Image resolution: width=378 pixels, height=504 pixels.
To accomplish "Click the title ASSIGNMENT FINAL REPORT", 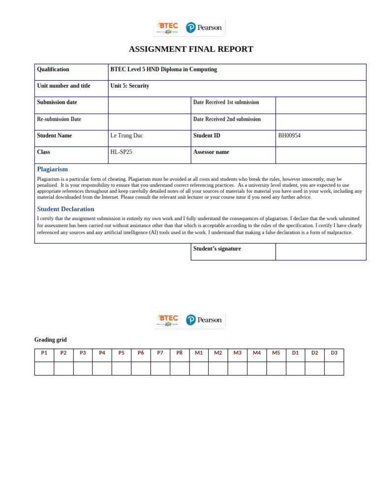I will point(191,49).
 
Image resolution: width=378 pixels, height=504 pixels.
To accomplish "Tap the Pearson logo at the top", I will point(204,28).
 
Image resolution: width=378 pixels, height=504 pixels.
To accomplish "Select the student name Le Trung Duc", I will point(127,136).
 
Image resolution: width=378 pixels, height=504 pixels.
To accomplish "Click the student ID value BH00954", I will point(289,136).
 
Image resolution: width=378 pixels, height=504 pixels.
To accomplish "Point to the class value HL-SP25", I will point(121,152).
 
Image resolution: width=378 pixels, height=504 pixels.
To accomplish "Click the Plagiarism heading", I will point(52,169).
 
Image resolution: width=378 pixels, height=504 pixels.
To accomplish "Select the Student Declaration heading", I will point(65,209).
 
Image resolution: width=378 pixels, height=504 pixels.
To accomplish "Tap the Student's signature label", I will point(217,249).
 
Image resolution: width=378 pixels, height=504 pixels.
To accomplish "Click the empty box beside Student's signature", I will point(320,252).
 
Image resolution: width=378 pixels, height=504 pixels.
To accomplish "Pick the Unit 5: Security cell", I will point(130,86).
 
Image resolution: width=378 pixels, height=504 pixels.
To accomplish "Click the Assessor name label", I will point(211,152).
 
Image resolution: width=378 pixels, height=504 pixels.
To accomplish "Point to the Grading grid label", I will point(50,340).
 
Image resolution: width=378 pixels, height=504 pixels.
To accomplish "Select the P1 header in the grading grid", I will point(44,353).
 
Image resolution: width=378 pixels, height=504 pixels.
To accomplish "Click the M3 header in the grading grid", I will point(237,353).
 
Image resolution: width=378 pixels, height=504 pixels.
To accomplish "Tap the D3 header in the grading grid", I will point(334,353).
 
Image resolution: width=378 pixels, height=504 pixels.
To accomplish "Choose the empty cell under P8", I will point(180,368).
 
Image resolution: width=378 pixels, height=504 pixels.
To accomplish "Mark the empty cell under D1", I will point(295,368).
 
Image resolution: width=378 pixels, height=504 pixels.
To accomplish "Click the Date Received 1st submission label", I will point(226,102).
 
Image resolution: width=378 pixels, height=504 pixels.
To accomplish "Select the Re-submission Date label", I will point(59,119).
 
